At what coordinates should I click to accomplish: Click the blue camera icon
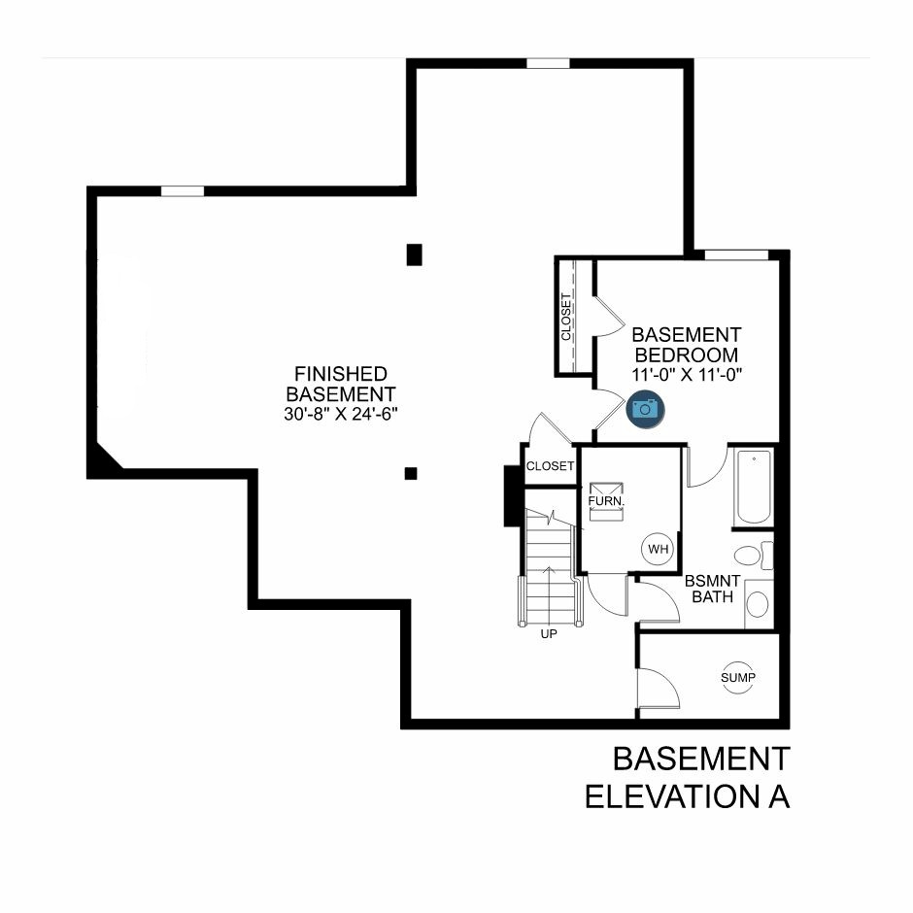tap(645, 409)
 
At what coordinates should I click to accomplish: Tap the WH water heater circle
tap(658, 549)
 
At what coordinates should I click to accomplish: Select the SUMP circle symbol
tap(738, 677)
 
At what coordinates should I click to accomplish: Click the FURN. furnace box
tap(606, 501)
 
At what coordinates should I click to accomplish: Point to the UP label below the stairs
tap(549, 634)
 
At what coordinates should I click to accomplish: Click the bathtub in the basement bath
tap(754, 487)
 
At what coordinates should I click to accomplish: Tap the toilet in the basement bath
tap(754, 555)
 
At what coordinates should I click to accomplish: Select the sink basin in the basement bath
tap(758, 604)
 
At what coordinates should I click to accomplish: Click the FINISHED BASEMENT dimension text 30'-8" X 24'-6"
tap(341, 414)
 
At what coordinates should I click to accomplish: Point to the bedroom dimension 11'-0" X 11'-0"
tap(687, 374)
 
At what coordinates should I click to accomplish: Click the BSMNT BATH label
tap(712, 589)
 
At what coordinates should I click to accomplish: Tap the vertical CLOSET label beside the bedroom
tap(566, 318)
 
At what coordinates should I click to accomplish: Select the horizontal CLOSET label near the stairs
tap(551, 466)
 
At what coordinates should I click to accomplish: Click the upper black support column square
tap(414, 255)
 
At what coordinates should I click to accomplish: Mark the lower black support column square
tap(411, 473)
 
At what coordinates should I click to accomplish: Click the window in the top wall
tap(548, 63)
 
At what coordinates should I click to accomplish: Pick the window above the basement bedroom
tap(736, 255)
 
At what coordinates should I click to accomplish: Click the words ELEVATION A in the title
tap(687, 797)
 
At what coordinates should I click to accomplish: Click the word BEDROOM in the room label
tap(687, 355)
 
